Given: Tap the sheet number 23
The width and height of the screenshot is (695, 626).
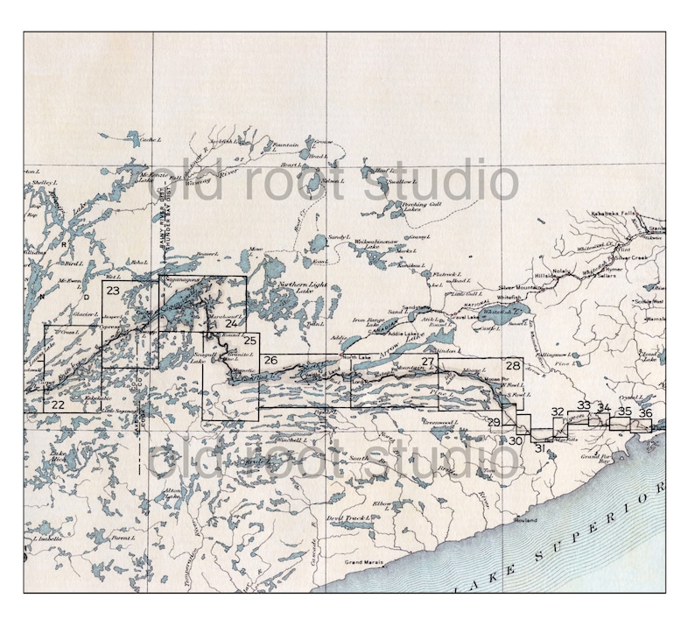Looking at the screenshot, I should click(x=113, y=290).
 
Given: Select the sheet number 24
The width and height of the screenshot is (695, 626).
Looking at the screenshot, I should click(x=231, y=323).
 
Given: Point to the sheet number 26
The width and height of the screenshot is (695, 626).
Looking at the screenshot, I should click(x=270, y=361).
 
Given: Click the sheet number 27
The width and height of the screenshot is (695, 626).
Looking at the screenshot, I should click(x=428, y=362).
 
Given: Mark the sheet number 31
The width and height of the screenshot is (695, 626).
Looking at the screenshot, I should click(x=540, y=448).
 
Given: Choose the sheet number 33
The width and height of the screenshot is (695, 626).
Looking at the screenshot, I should click(x=584, y=405).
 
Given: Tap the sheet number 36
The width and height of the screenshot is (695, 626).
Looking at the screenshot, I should click(x=645, y=412).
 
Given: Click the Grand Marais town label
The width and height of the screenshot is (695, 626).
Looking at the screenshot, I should click(x=365, y=561).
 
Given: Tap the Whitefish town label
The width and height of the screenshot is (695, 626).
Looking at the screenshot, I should click(x=510, y=298).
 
